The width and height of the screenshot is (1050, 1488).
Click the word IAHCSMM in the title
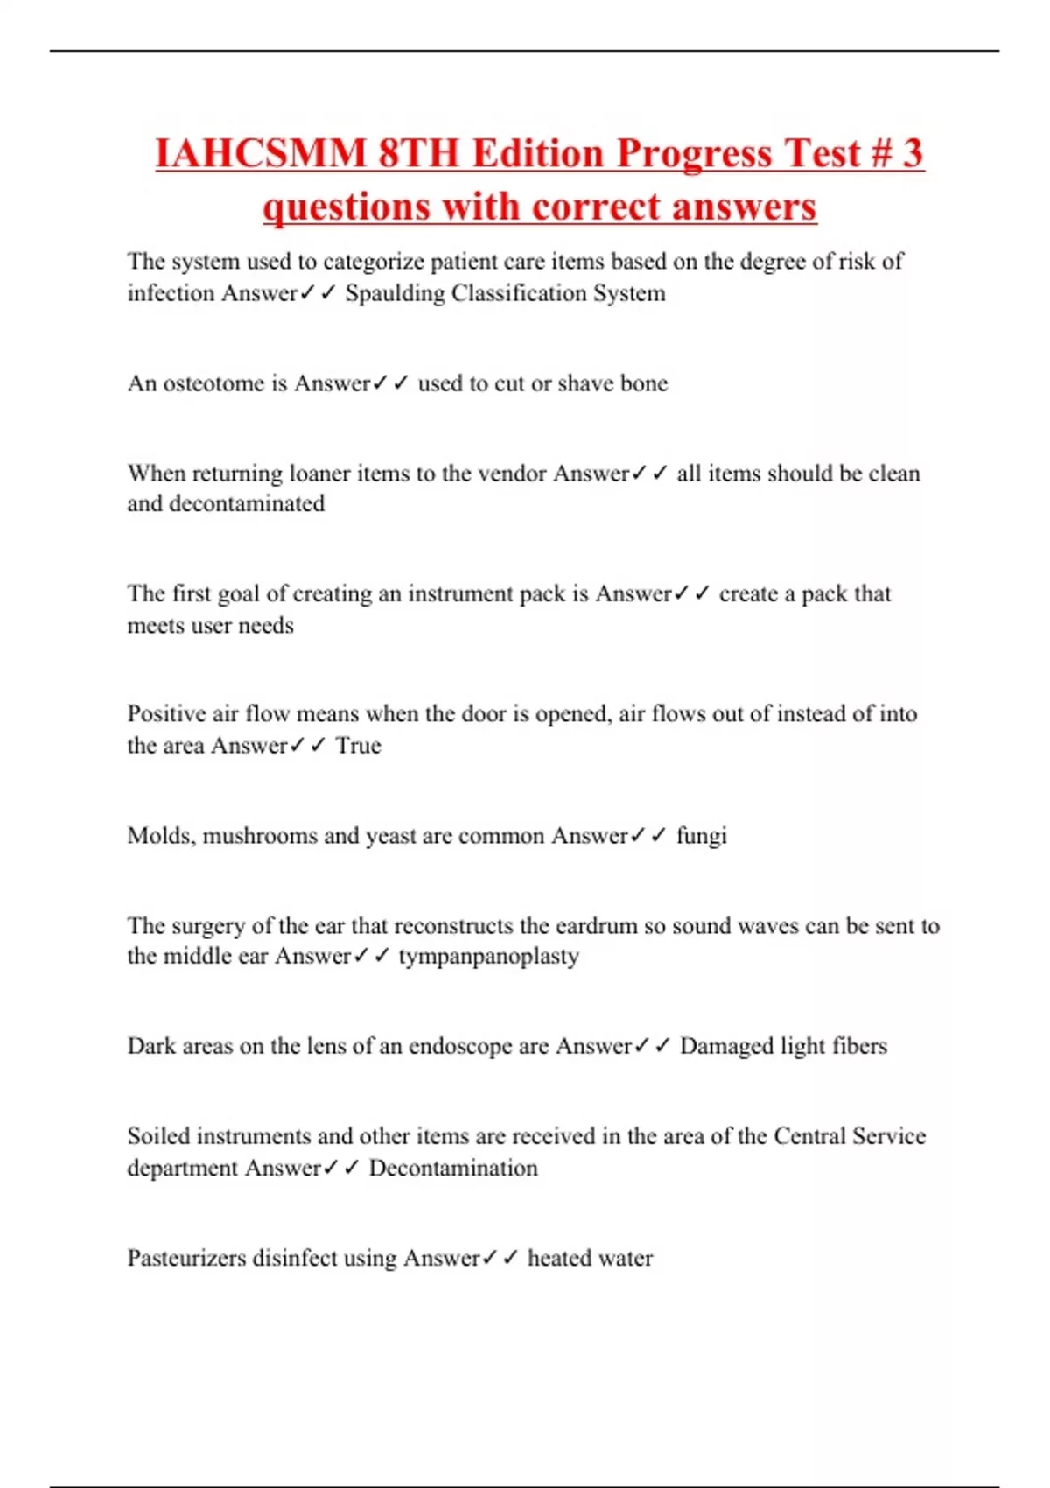pyautogui.click(x=261, y=153)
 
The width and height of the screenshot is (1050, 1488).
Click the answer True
pyautogui.click(x=359, y=746)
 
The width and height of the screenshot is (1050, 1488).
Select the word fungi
pyautogui.click(x=701, y=836)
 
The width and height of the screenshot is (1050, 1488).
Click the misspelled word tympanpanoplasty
pyautogui.click(x=488, y=956)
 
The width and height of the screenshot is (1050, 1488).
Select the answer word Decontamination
pyautogui.click(x=453, y=1169)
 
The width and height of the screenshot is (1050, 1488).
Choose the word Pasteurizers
pyautogui.click(x=186, y=1259)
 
